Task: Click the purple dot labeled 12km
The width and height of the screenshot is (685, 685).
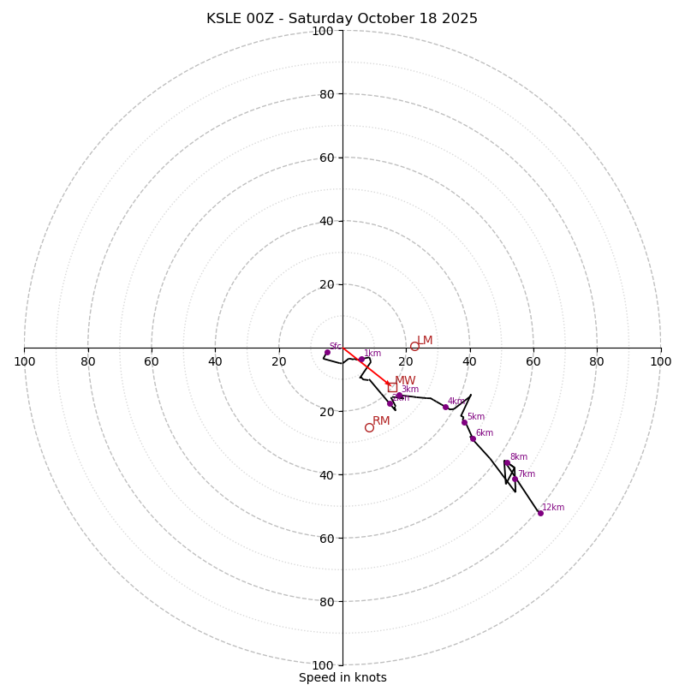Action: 540,513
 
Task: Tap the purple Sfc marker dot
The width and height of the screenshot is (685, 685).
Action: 327,352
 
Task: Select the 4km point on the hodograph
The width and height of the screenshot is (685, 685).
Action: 445,407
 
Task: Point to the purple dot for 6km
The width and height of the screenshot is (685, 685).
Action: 473,438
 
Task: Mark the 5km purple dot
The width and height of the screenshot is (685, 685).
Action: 465,422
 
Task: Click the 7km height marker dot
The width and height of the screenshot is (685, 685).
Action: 515,479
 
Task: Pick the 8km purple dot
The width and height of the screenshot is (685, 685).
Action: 506,462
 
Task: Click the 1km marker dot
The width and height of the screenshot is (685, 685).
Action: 361,360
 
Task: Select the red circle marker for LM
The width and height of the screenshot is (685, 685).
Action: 414,346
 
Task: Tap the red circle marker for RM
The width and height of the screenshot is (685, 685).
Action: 369,427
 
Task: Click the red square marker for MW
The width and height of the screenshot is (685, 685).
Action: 392,387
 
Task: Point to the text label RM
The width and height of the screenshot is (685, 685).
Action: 381,420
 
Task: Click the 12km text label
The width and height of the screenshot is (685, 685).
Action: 553,507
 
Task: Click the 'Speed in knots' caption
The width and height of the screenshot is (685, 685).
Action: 342,677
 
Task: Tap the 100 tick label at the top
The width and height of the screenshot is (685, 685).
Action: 322,31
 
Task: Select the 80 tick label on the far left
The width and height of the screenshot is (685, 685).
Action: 88,361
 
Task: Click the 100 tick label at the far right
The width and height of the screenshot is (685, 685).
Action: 660,361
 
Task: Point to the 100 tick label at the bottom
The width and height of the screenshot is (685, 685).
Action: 322,665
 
